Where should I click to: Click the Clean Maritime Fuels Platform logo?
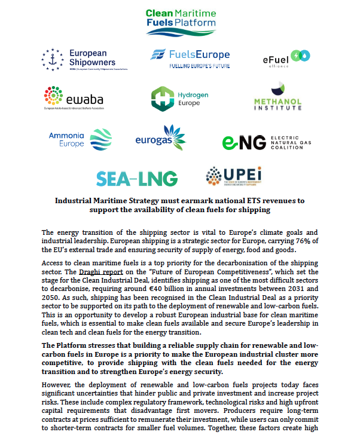(180, 19)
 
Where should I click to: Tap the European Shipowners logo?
(78, 59)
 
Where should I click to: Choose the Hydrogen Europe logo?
(179, 99)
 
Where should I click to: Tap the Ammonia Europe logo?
(80, 139)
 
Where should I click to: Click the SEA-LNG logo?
(137, 178)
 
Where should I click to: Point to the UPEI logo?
(234, 177)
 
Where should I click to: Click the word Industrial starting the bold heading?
(77, 201)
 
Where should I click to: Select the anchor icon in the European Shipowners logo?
(52, 59)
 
